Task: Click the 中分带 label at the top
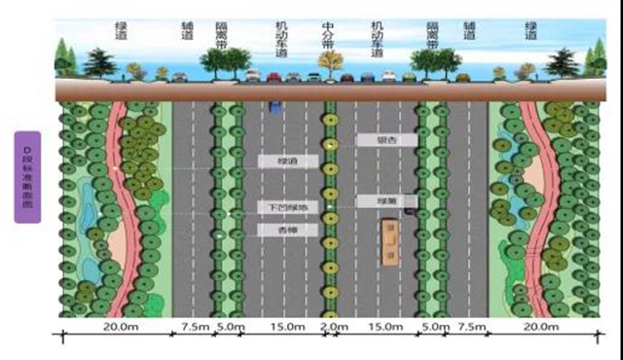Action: coord(330,37)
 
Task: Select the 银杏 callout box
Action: coord(386,140)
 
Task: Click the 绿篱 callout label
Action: coord(386,200)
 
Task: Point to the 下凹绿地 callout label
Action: coord(287,208)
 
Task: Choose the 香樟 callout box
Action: coord(287,230)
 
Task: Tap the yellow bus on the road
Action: coord(391,242)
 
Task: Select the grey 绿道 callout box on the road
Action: coord(287,162)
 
